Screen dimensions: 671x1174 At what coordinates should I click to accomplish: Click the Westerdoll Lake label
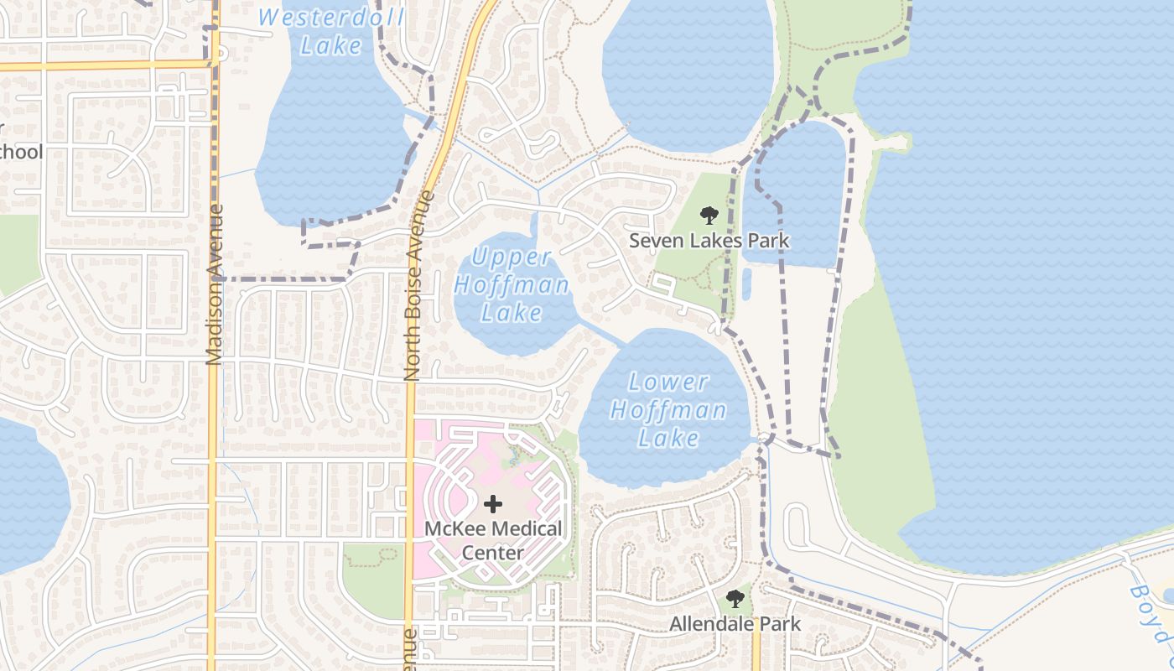(331, 31)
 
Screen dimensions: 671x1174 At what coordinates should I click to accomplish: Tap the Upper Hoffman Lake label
(512, 285)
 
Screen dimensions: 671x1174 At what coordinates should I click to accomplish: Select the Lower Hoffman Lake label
(668, 410)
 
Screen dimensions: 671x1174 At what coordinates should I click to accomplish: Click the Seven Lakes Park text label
(709, 242)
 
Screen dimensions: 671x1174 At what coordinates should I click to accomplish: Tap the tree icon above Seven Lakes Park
(709, 216)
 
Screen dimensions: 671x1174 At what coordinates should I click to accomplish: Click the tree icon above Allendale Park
(735, 599)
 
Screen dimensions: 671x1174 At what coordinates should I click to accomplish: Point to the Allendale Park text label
(735, 624)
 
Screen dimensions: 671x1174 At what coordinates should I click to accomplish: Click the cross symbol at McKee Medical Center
(493, 504)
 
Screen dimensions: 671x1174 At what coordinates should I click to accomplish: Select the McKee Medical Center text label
(493, 541)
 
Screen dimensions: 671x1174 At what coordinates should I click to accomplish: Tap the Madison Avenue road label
(214, 285)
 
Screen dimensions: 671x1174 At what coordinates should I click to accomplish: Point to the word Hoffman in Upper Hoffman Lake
(512, 285)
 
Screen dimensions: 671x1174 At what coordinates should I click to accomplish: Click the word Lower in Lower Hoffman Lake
(668, 382)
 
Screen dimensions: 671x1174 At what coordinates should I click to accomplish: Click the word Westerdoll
(331, 18)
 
